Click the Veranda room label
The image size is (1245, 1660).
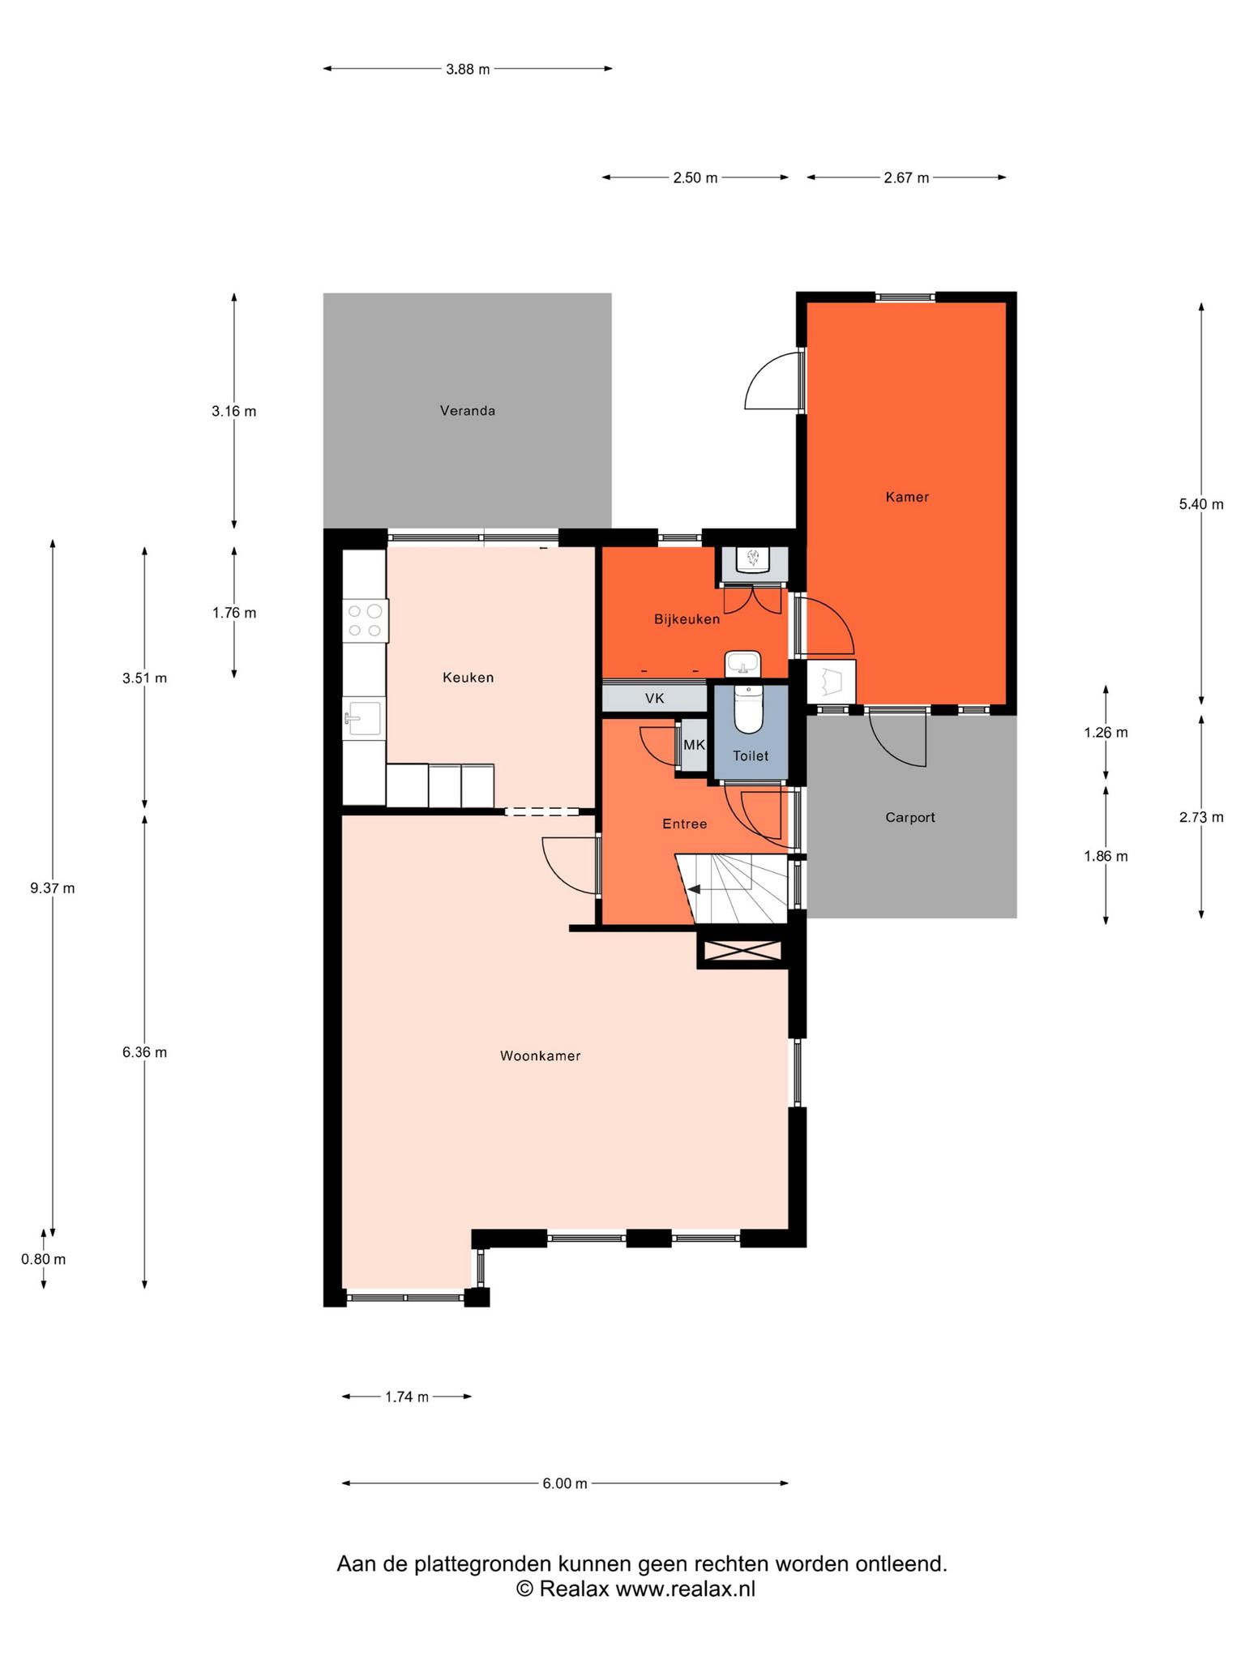pyautogui.click(x=468, y=411)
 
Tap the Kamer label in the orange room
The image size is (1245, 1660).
pyautogui.click(x=907, y=497)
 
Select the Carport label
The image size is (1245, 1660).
pyautogui.click(x=910, y=818)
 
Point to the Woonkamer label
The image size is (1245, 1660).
pyautogui.click(x=541, y=1056)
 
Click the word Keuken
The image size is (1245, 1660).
pyautogui.click(x=468, y=678)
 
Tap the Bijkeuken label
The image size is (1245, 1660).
pyautogui.click(x=687, y=619)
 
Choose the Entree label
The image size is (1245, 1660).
pyautogui.click(x=685, y=824)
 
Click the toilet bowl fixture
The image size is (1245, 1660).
pyautogui.click(x=748, y=709)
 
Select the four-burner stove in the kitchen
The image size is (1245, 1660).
pyautogui.click(x=366, y=620)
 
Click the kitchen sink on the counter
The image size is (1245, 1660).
pyautogui.click(x=363, y=718)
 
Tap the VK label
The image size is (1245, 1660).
pyautogui.click(x=655, y=698)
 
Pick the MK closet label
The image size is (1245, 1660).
pyautogui.click(x=695, y=745)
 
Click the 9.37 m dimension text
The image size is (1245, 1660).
pyautogui.click(x=53, y=888)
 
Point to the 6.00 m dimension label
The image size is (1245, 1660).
pyautogui.click(x=565, y=1483)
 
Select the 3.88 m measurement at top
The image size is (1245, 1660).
pyautogui.click(x=468, y=69)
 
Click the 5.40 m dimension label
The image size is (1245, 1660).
pyautogui.click(x=1201, y=504)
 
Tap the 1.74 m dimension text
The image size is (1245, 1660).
pyautogui.click(x=407, y=1397)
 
